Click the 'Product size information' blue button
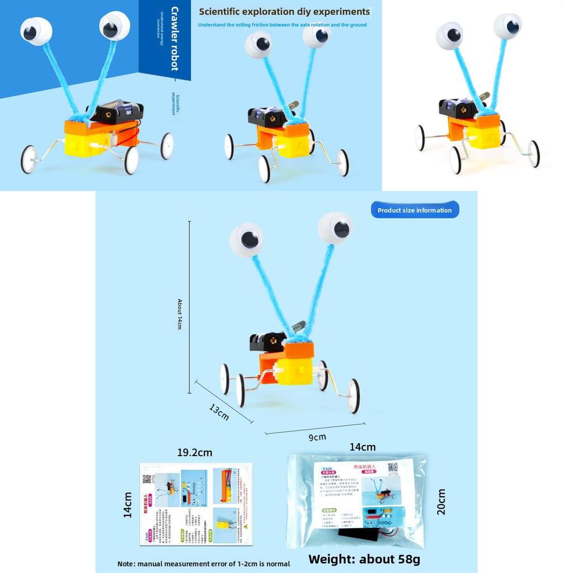pos(415,210)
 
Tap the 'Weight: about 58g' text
pos(364,559)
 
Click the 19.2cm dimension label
pos(195,452)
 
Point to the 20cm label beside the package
pos(442,501)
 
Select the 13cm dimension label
pos(219,412)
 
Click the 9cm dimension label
pos(317,437)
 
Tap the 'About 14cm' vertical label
pos(180,313)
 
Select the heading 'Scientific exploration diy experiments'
pos(284,11)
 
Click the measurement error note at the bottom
pos(204,563)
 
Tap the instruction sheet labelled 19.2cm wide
pos(196,504)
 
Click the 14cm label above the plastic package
pos(363,447)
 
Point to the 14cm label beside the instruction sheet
pos(128,504)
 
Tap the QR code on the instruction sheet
pos(147,479)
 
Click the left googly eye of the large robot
pos(246,239)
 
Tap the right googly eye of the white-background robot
pos(508,26)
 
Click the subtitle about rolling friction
pos(283,25)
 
